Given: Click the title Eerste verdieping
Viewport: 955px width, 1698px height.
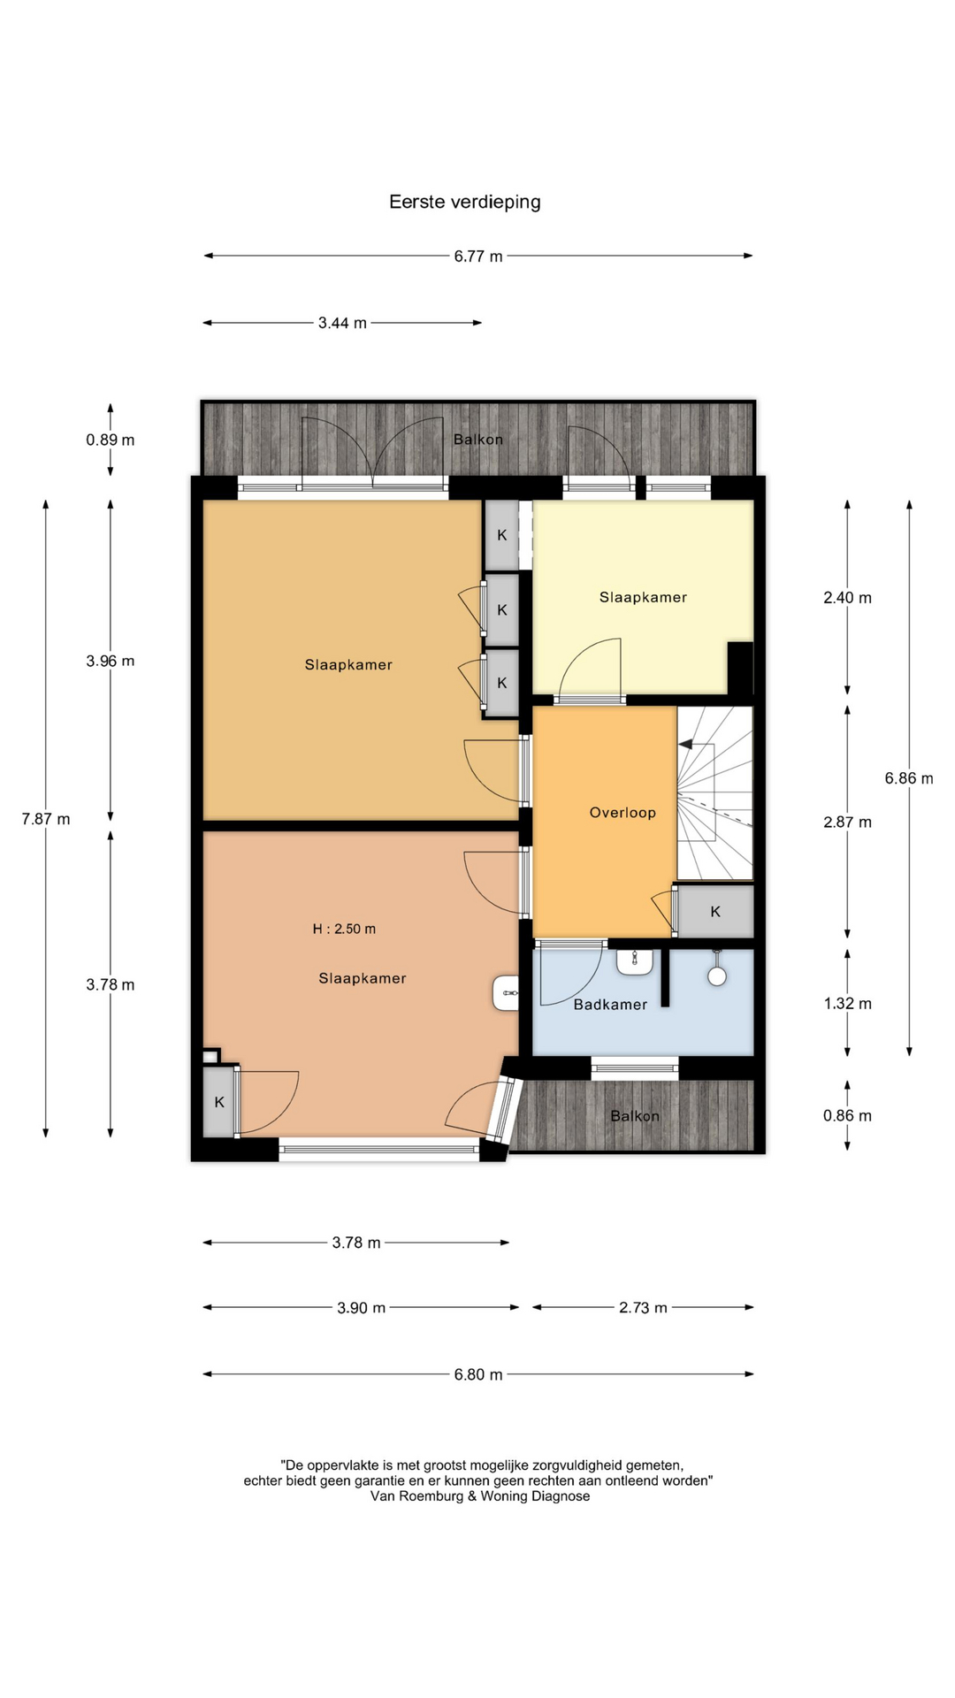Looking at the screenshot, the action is tap(465, 203).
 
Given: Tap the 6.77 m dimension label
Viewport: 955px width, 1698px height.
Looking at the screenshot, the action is tap(478, 256).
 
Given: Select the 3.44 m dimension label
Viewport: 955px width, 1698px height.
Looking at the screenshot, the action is tap(342, 323).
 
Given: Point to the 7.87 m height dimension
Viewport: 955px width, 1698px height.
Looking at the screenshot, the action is tap(46, 819).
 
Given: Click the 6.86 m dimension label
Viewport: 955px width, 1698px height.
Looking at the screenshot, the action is tap(909, 778).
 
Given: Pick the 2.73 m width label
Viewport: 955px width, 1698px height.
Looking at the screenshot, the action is tap(643, 1307).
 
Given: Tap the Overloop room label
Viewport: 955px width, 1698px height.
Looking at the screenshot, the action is tap(623, 813).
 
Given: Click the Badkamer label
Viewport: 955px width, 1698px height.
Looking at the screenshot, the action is tap(610, 1005).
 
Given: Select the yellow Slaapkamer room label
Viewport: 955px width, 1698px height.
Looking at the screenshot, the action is tap(643, 597).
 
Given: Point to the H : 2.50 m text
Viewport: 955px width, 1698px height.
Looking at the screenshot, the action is tap(344, 929).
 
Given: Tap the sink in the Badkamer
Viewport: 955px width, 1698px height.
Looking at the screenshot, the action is tap(634, 962).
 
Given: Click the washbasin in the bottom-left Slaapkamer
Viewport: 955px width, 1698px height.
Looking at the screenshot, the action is tap(506, 992).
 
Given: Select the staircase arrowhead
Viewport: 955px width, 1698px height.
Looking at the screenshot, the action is tap(685, 745).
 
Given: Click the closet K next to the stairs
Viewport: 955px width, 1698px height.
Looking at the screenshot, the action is tap(715, 911).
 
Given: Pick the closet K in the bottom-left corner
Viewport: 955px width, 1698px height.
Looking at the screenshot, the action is tap(219, 1102).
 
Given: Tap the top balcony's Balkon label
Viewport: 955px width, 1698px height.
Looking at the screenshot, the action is tap(478, 440).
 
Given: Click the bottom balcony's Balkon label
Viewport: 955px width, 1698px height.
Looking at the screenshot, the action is tap(635, 1116).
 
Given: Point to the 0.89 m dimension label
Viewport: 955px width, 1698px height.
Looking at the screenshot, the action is tap(111, 440).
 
